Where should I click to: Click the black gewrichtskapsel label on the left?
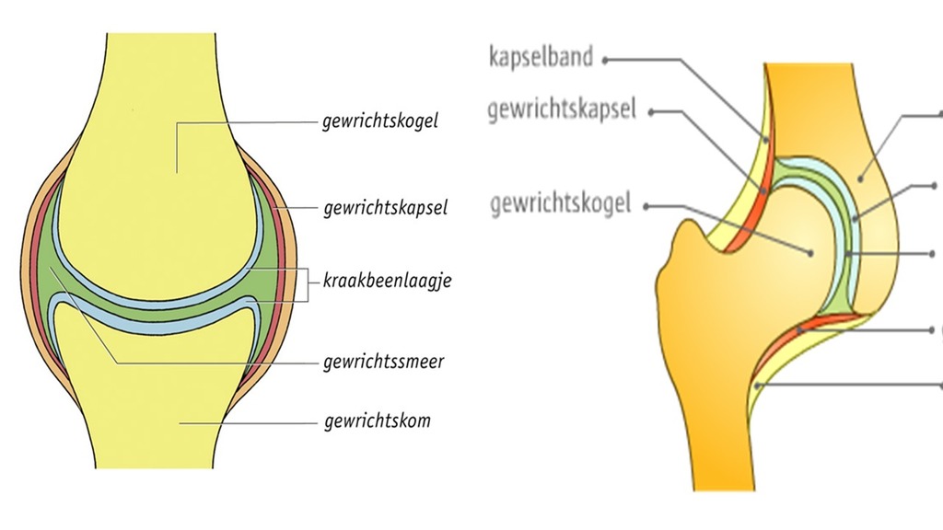(x=385, y=209)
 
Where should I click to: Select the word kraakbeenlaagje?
(x=387, y=280)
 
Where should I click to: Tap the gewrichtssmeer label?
(x=384, y=362)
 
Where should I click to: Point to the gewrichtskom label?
(x=378, y=422)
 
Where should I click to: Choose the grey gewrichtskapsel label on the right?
(x=563, y=110)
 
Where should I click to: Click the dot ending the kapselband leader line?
(x=608, y=60)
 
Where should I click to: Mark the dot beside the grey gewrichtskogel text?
(x=650, y=205)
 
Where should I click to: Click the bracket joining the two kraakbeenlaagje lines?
(x=307, y=280)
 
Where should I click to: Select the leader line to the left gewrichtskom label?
(x=249, y=422)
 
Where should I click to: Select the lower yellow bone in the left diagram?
(x=147, y=386)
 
